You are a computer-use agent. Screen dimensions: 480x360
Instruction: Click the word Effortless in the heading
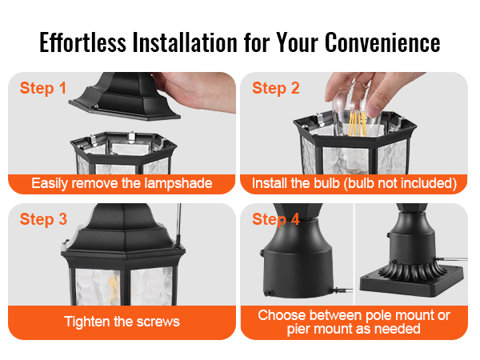(x=82, y=42)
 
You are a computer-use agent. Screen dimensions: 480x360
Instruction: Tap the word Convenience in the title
(x=382, y=42)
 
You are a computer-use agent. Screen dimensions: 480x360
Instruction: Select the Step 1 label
(x=43, y=89)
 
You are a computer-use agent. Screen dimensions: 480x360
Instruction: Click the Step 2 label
(x=276, y=89)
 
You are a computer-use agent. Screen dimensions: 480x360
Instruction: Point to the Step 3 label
(x=43, y=219)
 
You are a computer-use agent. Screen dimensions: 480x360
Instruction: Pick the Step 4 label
(x=276, y=219)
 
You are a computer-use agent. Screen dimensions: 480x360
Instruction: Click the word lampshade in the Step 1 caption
(x=178, y=184)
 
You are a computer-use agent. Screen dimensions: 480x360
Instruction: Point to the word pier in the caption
(x=298, y=330)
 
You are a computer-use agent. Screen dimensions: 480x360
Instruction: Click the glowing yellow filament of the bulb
(x=358, y=123)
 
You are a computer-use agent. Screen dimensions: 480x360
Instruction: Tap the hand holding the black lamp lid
(x=196, y=91)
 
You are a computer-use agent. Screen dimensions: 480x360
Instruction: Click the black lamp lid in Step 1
(x=125, y=96)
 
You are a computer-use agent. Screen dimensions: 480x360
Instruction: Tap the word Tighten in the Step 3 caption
(x=86, y=322)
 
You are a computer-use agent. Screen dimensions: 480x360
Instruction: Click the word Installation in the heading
(x=185, y=42)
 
